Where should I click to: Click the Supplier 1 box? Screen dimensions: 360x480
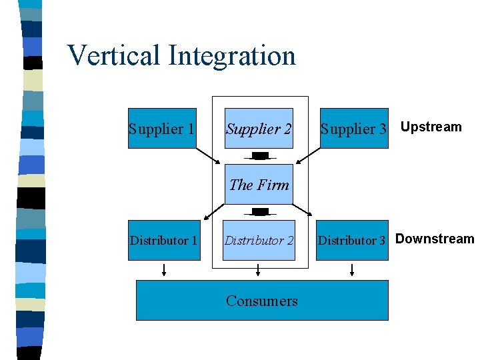162,128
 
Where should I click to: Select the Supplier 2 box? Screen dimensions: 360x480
259,128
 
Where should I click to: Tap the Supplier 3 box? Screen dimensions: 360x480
353,128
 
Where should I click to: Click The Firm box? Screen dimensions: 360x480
259,184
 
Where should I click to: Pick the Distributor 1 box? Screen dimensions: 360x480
164,240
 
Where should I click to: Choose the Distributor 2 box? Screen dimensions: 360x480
259,240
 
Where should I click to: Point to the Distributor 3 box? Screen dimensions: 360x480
352,240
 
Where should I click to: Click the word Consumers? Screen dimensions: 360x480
262,301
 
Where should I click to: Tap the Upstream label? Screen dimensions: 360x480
431,127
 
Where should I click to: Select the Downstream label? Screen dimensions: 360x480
435,239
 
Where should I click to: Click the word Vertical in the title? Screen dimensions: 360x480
114,55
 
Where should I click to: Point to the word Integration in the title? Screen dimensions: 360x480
232,55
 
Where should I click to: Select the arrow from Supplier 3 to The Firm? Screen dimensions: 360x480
308,155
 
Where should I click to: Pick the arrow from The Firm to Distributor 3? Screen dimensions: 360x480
303,208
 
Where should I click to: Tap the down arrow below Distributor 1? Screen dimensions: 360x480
164,269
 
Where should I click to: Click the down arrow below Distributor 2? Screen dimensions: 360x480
259,269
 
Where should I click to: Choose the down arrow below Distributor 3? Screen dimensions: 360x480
352,269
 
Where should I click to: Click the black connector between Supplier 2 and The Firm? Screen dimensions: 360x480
261,156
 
